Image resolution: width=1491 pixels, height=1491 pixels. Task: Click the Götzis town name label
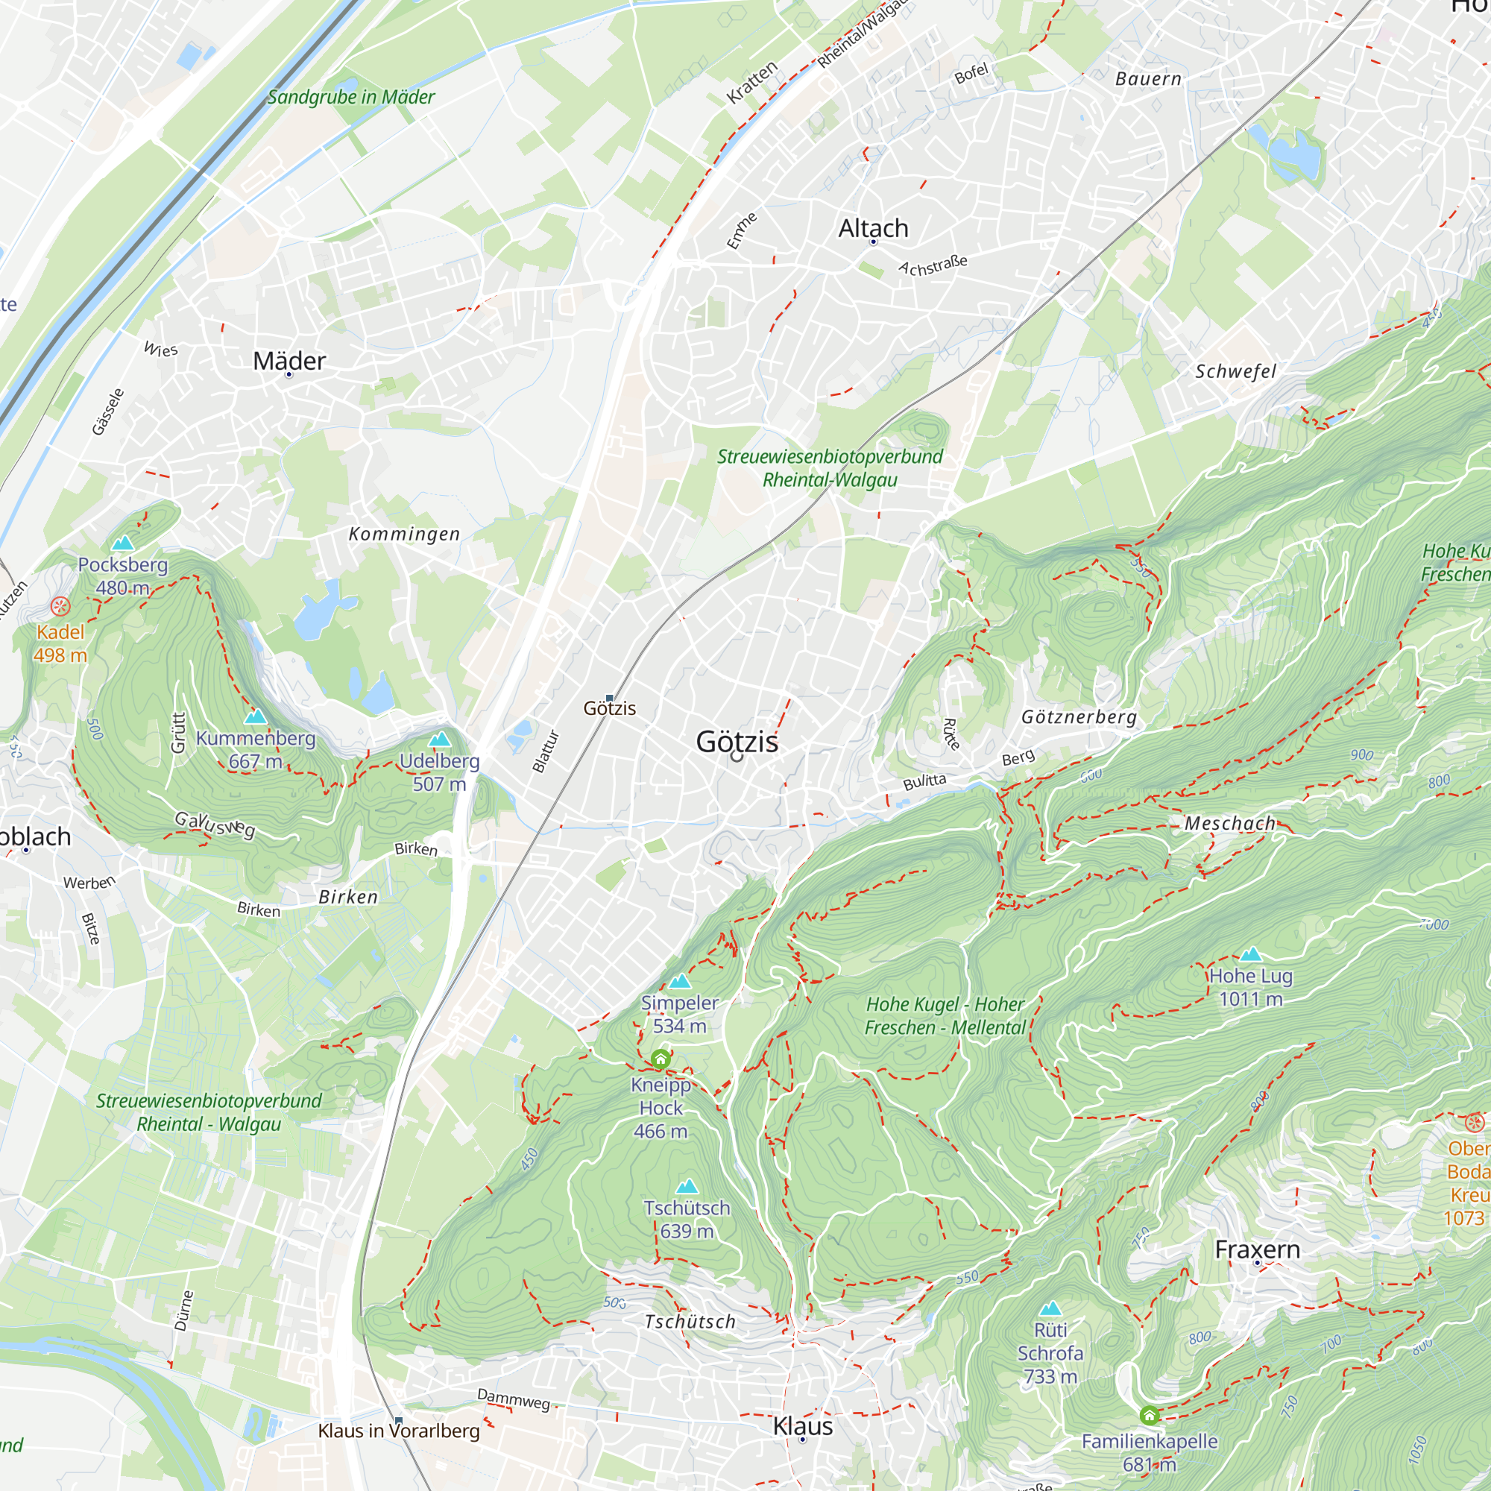(x=737, y=742)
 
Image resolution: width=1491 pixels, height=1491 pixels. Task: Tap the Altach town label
(x=873, y=228)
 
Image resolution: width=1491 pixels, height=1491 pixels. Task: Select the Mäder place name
(x=289, y=360)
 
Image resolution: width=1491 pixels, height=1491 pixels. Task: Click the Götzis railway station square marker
(x=610, y=698)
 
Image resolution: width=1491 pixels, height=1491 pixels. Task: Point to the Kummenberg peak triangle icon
(x=256, y=716)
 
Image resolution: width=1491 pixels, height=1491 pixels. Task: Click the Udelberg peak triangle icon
(x=439, y=740)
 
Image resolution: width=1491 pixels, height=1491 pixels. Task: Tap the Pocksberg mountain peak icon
(x=123, y=543)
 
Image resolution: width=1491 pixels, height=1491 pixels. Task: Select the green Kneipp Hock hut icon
(x=660, y=1059)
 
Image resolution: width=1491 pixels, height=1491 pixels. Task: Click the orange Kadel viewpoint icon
(x=60, y=606)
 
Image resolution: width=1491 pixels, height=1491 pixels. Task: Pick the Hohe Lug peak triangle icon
(x=1250, y=955)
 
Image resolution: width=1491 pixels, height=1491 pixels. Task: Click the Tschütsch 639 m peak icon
(x=686, y=1186)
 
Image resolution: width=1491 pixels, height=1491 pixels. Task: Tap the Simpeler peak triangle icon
(x=679, y=982)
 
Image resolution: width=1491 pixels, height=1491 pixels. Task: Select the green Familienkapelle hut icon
(x=1149, y=1416)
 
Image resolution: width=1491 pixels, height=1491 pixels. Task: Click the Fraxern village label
(x=1257, y=1249)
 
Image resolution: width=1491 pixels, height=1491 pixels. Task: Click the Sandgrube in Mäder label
(x=351, y=97)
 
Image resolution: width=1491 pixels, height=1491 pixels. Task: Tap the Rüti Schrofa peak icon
(x=1050, y=1308)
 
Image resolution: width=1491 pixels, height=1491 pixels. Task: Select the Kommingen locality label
(x=404, y=534)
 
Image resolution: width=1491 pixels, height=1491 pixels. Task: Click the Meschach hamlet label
(x=1230, y=824)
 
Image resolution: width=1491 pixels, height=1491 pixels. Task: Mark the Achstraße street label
(x=933, y=265)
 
